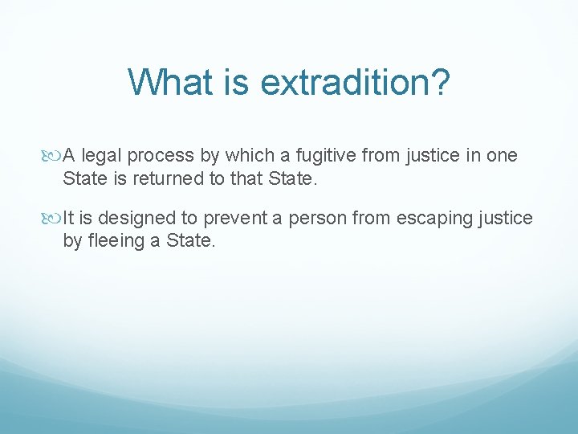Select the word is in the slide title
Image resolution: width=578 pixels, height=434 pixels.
coord(238,82)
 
